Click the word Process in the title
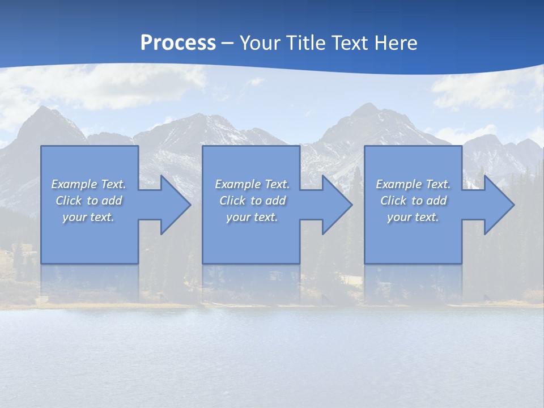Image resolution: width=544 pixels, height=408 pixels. [x=178, y=43]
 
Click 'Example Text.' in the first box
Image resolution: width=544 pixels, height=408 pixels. [x=88, y=184]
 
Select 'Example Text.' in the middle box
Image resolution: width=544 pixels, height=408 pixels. [x=252, y=184]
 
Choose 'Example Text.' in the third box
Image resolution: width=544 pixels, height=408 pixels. [x=413, y=184]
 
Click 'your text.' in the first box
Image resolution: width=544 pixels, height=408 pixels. [x=88, y=217]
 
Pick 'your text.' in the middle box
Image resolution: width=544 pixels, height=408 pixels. [x=252, y=217]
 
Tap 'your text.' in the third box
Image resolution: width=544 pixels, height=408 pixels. [x=413, y=217]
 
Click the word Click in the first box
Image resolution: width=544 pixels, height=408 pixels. [x=68, y=201]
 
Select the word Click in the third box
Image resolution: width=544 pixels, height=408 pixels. [x=393, y=201]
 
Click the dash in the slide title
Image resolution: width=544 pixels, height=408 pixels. [x=228, y=43]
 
